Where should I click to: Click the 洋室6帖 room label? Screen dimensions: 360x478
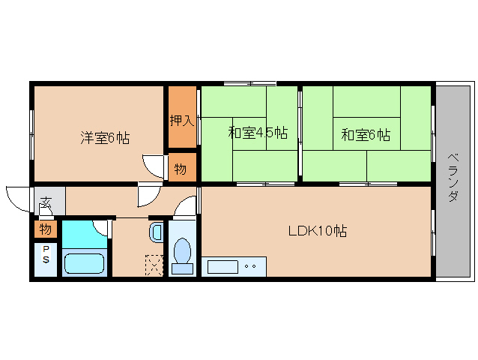tap(105, 138)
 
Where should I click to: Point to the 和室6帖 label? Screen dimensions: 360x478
tap(366, 135)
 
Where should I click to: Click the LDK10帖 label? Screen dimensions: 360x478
tap(317, 231)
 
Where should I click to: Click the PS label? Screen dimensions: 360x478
tap(46, 254)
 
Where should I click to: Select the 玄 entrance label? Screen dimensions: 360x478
tap(46, 202)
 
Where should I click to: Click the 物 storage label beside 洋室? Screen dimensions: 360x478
tap(181, 169)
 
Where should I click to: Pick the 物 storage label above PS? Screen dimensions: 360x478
tap(45, 228)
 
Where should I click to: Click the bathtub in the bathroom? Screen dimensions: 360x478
tap(84, 264)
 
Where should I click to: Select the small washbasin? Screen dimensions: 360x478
tap(156, 232)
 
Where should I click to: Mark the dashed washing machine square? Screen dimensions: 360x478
tap(154, 265)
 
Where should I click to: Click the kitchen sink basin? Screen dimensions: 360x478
tap(221, 265)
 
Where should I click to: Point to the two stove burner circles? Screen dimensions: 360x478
tap(250, 265)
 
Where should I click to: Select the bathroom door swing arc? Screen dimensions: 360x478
tap(103, 228)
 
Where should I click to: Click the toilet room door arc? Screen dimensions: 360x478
tap(187, 205)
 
